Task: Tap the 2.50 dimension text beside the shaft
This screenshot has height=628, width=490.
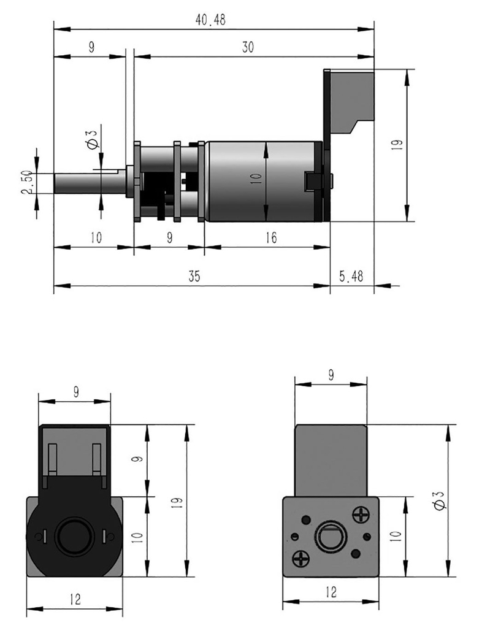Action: [x=26, y=183]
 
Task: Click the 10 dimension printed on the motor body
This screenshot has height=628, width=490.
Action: [x=256, y=178]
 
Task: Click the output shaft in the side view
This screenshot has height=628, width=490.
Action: [x=86, y=183]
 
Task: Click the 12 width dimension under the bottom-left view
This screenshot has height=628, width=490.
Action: [x=75, y=599]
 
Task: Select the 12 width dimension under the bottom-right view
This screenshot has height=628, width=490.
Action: [x=331, y=592]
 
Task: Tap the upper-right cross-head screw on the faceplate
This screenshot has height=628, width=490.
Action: [x=361, y=513]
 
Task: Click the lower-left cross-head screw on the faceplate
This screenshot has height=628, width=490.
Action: [x=301, y=558]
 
